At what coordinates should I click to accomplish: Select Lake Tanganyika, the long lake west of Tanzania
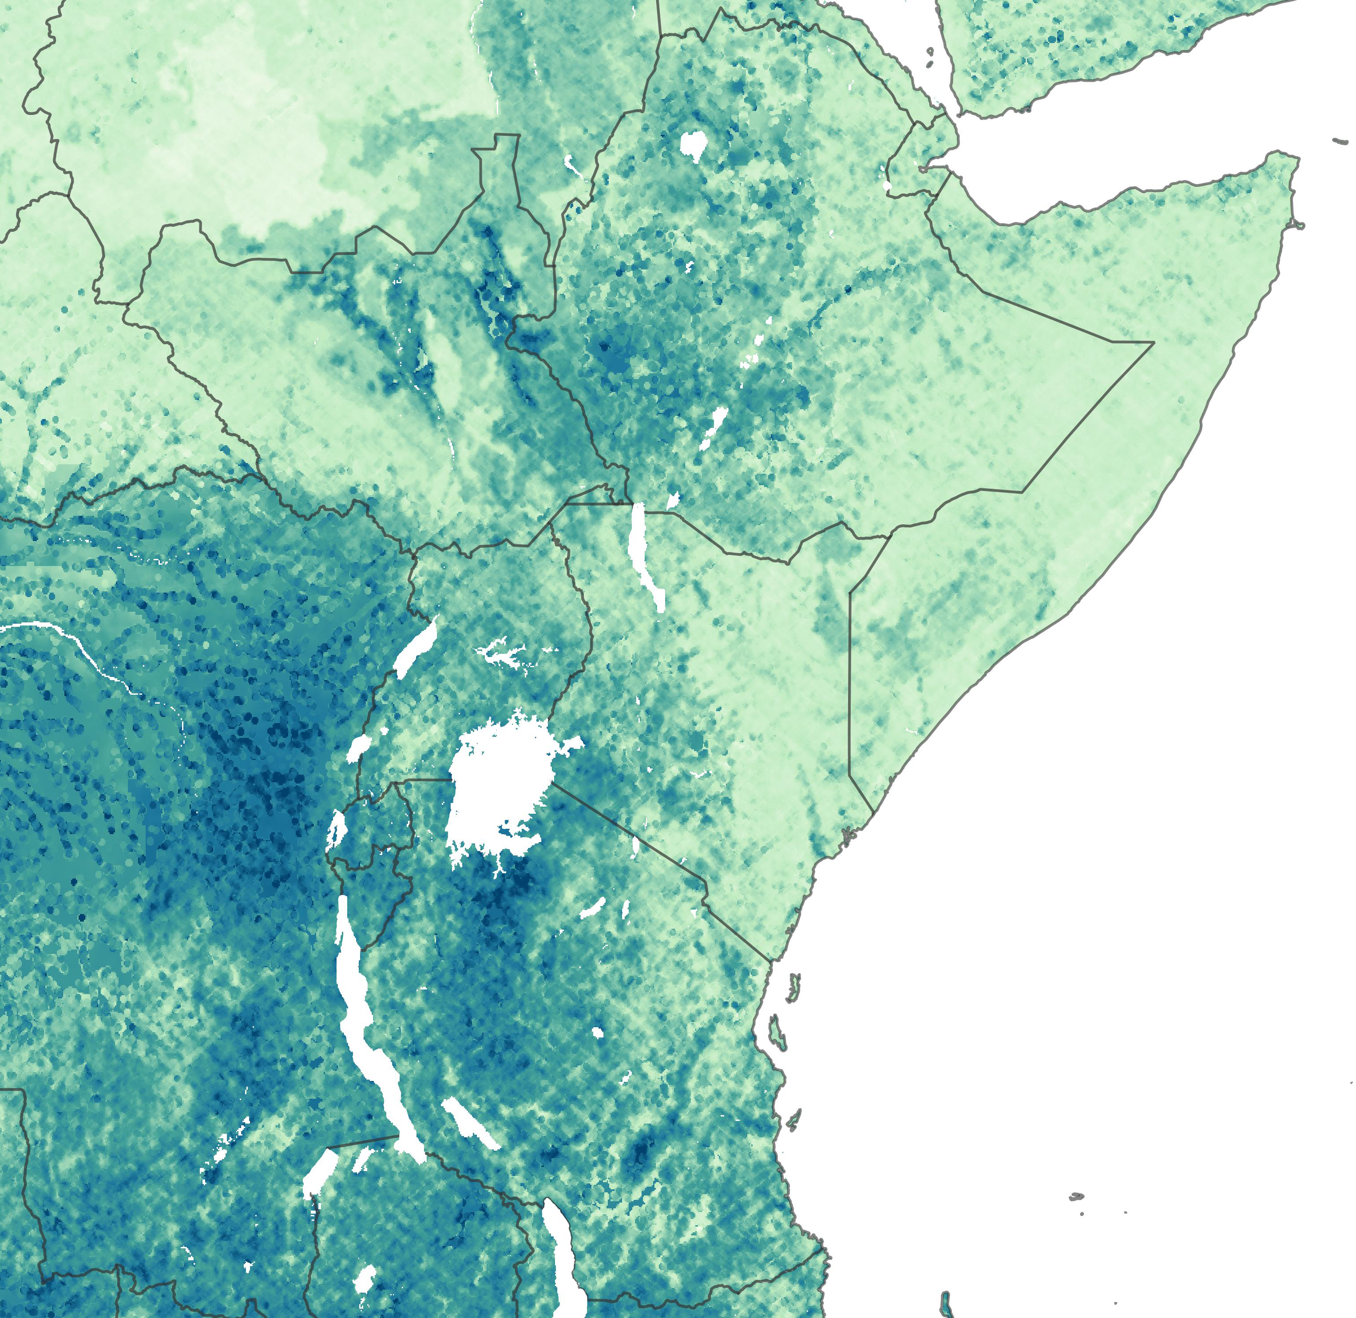tap(360, 1025)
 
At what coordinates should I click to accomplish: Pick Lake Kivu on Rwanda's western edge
tap(337, 827)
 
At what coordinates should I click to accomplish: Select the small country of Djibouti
tap(920, 162)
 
